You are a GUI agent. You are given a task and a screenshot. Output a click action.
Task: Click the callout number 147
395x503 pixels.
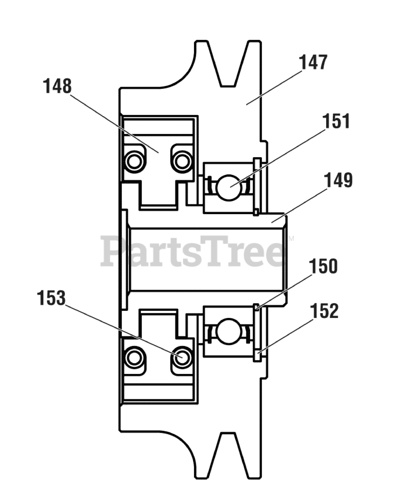[313, 63]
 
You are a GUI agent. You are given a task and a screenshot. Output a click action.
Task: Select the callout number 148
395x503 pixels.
[57, 86]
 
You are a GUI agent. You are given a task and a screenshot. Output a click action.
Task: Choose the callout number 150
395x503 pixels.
[323, 266]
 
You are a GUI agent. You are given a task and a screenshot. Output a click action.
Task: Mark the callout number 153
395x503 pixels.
[51, 298]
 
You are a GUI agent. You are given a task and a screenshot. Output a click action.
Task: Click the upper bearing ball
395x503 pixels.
[229, 186]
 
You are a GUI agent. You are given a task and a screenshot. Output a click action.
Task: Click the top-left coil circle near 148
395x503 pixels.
[133, 160]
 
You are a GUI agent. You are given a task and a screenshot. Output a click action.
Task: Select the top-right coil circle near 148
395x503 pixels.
[182, 160]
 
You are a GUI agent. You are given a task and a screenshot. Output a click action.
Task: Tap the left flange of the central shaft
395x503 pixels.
[125, 259]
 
